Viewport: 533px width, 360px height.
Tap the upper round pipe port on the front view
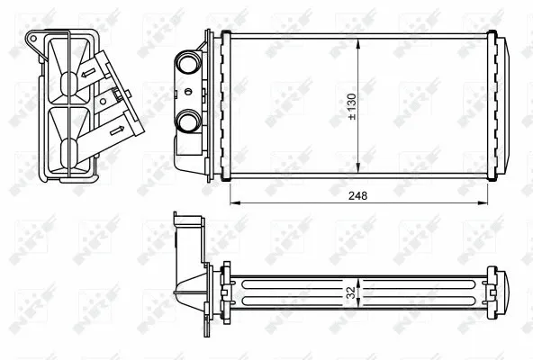tap(190, 65)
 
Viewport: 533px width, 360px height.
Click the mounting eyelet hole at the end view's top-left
tap(33, 38)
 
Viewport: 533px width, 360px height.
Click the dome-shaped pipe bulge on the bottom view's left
tap(187, 286)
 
